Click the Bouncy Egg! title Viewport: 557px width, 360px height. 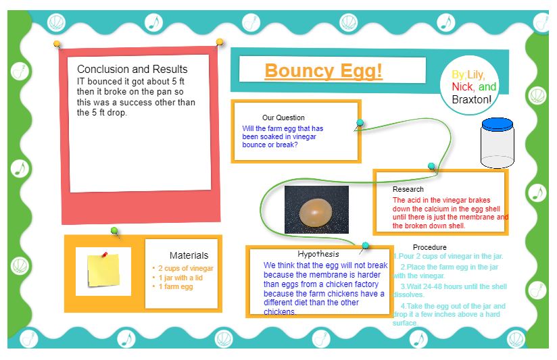tap(323, 71)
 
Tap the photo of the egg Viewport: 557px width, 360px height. tap(316, 209)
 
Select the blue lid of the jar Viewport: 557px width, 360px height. tap(498, 124)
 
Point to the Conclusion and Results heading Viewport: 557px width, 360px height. tap(132, 70)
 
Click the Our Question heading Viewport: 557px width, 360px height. tap(283, 118)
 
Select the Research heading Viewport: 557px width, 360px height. tap(408, 189)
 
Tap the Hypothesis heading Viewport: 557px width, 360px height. tap(318, 254)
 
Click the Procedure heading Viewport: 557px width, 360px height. tap(429, 247)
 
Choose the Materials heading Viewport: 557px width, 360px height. tap(189, 255)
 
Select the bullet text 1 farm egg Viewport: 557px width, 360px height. tap(176, 287)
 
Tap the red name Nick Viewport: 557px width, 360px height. tap(462, 87)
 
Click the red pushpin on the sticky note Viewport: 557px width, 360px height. tap(105, 255)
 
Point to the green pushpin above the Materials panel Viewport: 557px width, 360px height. tap(115, 231)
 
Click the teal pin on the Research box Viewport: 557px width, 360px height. tap(431, 166)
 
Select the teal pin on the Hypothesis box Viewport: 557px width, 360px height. tap(366, 246)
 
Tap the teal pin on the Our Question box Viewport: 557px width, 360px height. tap(360, 123)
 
